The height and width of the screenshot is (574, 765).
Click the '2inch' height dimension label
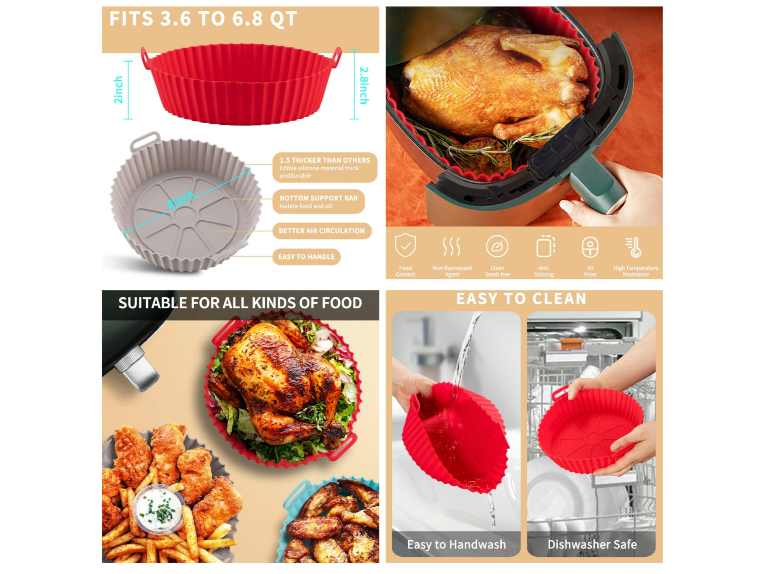(119, 90)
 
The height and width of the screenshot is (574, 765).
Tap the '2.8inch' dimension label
(364, 85)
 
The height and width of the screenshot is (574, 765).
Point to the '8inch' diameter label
(181, 199)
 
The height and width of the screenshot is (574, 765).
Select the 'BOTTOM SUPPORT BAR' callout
(319, 202)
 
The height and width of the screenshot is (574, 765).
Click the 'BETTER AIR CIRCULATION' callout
(322, 231)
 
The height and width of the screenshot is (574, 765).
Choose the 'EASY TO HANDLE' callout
(306, 257)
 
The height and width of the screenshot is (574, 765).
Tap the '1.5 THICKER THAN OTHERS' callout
(325, 167)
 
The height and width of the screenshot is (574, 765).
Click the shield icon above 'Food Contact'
(405, 245)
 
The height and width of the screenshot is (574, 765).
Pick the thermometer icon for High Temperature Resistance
(633, 247)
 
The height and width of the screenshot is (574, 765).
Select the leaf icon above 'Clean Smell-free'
(497, 246)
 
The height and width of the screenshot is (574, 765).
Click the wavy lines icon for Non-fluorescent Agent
(451, 246)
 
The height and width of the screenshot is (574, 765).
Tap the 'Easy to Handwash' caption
(456, 544)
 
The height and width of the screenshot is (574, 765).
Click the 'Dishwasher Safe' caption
(592, 544)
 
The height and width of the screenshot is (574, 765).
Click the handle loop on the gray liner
(145, 140)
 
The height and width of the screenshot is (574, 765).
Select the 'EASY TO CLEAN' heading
(521, 299)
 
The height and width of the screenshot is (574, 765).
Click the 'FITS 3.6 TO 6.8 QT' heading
(203, 19)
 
